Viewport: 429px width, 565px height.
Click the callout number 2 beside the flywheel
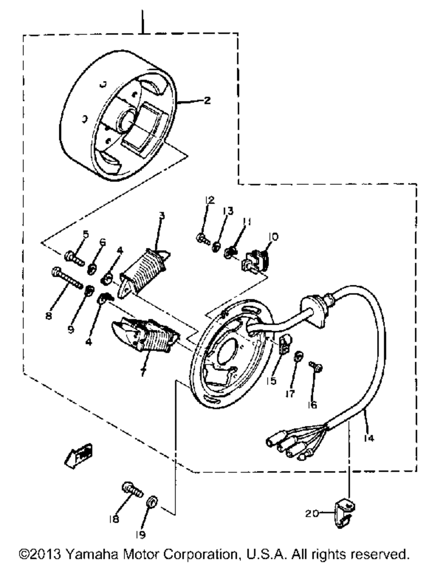tap(207, 101)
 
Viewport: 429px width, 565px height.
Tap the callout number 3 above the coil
tap(161, 215)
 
